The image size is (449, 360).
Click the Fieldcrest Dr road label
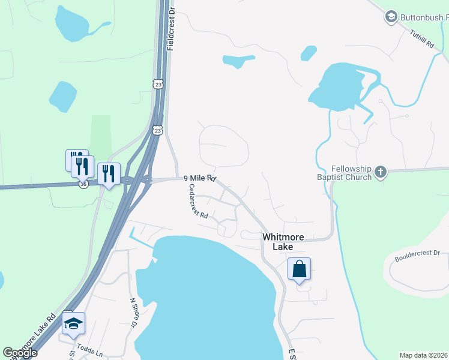(x=171, y=29)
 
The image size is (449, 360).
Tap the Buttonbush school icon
(x=391, y=16)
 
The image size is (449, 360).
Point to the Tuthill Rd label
(x=421, y=43)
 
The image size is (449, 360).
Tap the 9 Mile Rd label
(x=199, y=178)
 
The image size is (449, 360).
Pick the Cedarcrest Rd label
(x=198, y=201)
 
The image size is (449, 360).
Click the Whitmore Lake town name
(x=278, y=242)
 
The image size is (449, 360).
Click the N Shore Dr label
(x=133, y=313)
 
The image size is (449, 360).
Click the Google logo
(x=20, y=353)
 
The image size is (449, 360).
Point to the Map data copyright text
(x=423, y=355)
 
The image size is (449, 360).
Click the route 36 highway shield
(x=83, y=185)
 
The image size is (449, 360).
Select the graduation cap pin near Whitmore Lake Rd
(x=73, y=323)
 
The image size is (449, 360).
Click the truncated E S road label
(x=292, y=354)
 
